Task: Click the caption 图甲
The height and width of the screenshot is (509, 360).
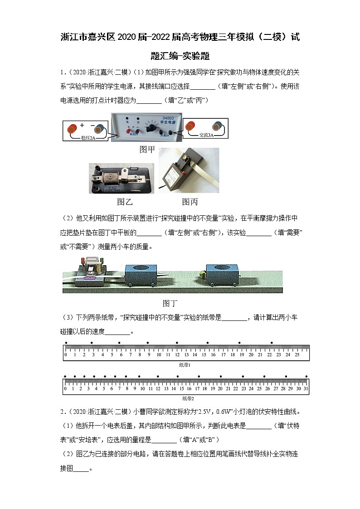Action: click(x=147, y=150)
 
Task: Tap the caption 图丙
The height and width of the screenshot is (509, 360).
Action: click(x=190, y=202)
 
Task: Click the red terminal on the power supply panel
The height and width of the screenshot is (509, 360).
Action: click(x=121, y=132)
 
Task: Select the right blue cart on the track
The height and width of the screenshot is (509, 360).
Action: click(x=222, y=273)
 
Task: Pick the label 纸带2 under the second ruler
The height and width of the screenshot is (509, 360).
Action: click(x=188, y=398)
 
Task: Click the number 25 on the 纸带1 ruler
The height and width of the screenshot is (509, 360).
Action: click(x=297, y=354)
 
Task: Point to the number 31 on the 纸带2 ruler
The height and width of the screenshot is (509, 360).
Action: click(x=306, y=388)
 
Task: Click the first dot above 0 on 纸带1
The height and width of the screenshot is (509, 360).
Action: click(x=66, y=343)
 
